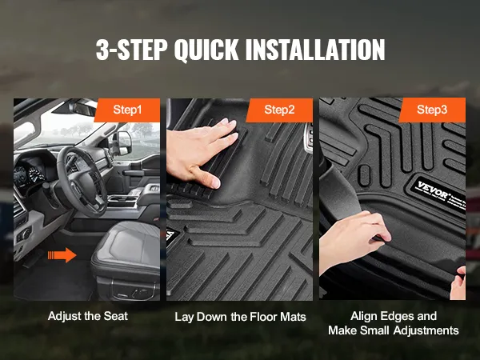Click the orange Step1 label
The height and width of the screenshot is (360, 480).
(127, 110)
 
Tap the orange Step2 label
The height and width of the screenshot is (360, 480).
(279, 110)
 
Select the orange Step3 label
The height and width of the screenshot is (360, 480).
(432, 110)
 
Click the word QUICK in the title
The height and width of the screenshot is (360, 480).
(206, 50)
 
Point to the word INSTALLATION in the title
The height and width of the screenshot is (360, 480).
(315, 50)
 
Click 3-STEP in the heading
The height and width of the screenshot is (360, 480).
(131, 50)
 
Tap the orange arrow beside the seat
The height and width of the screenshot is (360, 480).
(62, 254)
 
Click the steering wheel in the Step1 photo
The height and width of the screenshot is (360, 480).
(82, 181)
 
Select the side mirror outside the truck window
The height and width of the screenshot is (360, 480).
(124, 142)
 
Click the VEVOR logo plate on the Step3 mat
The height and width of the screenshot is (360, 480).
(438, 194)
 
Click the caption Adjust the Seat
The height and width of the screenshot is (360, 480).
(88, 316)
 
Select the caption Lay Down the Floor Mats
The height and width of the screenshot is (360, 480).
(240, 317)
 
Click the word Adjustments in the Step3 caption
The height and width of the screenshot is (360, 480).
(426, 330)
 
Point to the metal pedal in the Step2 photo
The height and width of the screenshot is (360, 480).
(308, 138)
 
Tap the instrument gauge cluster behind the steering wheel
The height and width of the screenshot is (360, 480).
(29, 174)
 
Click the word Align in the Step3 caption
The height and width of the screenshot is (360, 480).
(363, 316)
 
